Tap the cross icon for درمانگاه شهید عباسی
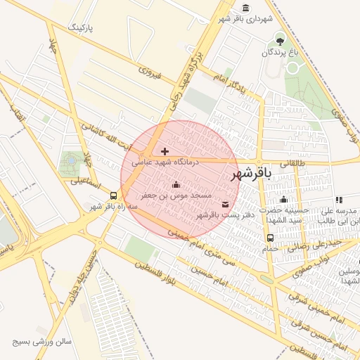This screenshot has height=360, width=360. click(165, 150)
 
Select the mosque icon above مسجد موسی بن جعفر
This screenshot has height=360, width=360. click(176, 185)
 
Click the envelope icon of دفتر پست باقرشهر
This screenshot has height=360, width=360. click(225, 204)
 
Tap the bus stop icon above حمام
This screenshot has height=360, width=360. click(271, 238)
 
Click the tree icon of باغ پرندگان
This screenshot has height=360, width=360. click(281, 41)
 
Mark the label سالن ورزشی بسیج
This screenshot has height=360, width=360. click(41, 342)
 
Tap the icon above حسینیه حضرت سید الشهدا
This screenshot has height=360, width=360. click(283, 199)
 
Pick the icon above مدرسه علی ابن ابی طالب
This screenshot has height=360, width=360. click(340, 200)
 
